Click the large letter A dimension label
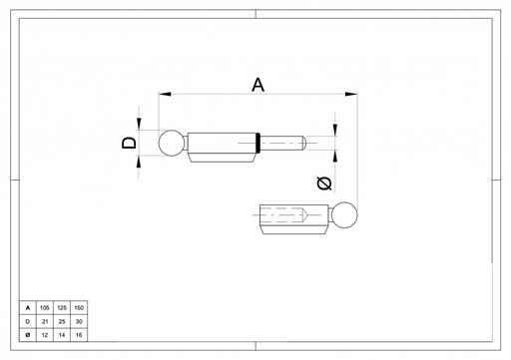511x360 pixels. tap(257, 85)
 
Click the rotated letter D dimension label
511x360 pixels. tap(129, 143)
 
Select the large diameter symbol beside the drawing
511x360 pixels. tap(324, 183)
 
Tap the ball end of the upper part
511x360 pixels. tap(172, 143)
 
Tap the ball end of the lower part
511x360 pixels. tap(344, 215)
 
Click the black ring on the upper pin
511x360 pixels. tap(257, 143)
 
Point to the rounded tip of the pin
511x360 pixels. tap(303, 143)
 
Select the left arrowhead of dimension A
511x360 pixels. tap(165, 94)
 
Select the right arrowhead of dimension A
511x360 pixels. tap(351, 94)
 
